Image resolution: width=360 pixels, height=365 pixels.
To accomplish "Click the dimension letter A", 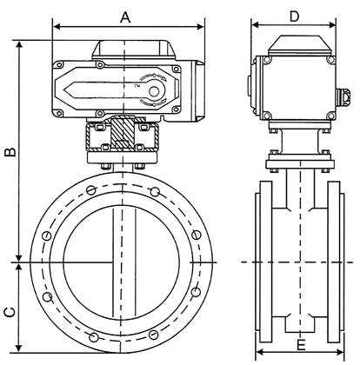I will tap(125, 17).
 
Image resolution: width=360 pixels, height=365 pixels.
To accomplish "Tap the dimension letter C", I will tap(10, 310).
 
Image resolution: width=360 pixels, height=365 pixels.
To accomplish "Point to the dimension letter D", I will tap(294, 16).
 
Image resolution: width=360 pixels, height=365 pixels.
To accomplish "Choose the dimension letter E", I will tap(300, 346).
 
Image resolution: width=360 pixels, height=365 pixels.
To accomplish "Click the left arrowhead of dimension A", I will tap(57, 27).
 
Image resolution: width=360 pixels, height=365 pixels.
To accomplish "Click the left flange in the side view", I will tap(262, 261).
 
